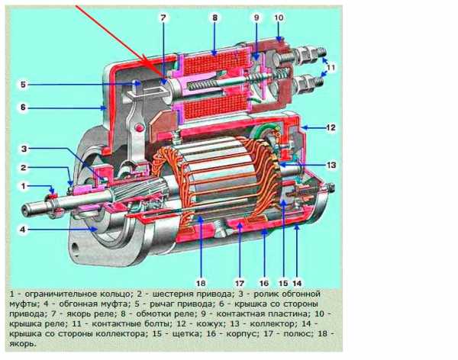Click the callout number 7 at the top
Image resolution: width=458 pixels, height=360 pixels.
click(x=163, y=18)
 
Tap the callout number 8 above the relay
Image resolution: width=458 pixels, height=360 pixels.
click(x=215, y=18)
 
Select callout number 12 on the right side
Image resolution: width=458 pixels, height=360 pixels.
click(x=331, y=127)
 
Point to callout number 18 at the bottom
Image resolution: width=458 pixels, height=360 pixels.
click(x=201, y=283)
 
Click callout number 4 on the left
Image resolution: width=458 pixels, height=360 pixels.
click(x=23, y=230)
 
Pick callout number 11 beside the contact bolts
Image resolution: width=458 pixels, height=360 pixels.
click(x=330, y=67)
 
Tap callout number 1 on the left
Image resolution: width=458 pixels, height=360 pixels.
click(x=24, y=186)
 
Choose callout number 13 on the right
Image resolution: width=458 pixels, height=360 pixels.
click(x=331, y=165)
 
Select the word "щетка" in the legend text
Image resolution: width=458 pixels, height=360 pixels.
click(x=187, y=334)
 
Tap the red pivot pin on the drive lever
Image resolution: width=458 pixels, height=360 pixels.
click(x=140, y=127)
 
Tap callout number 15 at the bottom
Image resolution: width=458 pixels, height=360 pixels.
click(x=283, y=283)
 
